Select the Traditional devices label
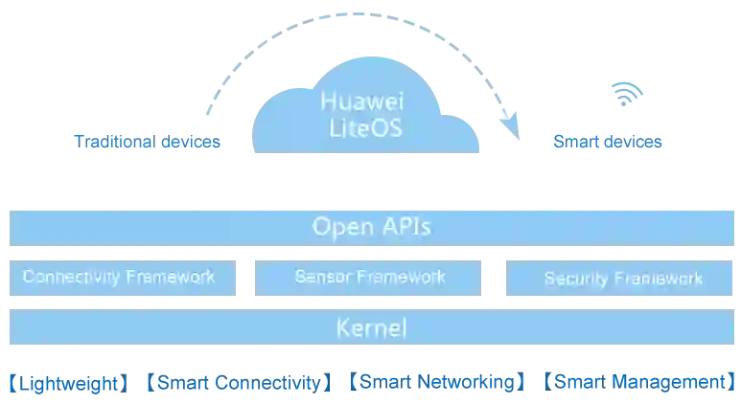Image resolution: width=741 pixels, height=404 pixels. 148,144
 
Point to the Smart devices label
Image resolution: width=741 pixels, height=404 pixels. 608,144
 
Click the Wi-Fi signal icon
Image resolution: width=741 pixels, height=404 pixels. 625,92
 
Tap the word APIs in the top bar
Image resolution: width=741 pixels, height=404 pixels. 406,228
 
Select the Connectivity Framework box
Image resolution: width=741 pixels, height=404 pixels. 119,278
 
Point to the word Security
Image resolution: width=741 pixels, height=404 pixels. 575,280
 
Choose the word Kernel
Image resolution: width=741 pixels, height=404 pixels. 372,328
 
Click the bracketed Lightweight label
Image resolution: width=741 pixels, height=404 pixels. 66,381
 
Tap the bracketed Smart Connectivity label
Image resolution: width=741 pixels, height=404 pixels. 238,381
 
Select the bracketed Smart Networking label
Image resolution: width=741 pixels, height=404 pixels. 436,381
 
